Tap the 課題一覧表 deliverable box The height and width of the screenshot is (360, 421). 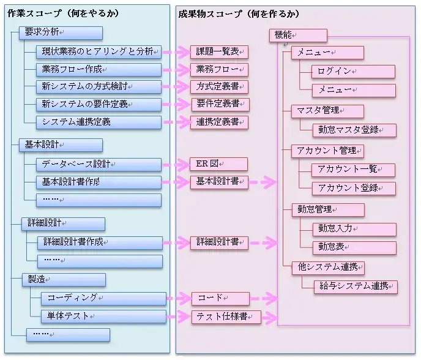(x=218, y=51)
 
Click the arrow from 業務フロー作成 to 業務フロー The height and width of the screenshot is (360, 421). (x=175, y=70)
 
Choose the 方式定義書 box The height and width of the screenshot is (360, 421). (x=218, y=86)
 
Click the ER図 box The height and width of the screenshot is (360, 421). (x=218, y=164)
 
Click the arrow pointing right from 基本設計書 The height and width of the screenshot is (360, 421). (x=263, y=182)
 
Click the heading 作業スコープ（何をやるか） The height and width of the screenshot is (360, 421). (x=62, y=13)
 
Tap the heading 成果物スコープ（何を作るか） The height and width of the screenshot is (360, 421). (x=239, y=13)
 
